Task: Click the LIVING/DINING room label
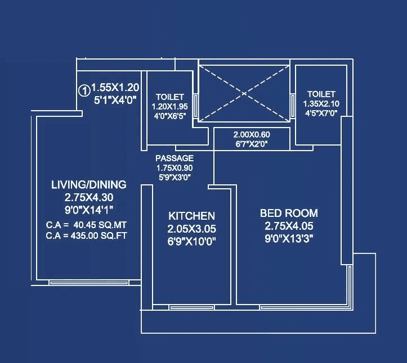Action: coord(88,184)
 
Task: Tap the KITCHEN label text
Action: coord(191,216)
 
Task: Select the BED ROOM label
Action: coord(289,214)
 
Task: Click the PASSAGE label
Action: coord(175,158)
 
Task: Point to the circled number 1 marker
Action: coord(83,89)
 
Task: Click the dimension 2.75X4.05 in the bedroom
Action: coord(289,226)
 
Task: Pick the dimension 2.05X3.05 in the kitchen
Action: coord(191,229)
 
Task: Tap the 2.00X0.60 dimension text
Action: coord(252,135)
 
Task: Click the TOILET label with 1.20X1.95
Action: coord(170,97)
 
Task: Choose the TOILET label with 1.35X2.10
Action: coord(321,94)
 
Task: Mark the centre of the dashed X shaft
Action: coord(243,91)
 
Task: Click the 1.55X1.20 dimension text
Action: coord(115,88)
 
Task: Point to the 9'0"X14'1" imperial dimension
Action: coord(88,210)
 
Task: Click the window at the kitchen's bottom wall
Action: coord(191,307)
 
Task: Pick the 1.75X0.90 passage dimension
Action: coord(174,168)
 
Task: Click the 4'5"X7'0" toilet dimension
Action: coord(321,112)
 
